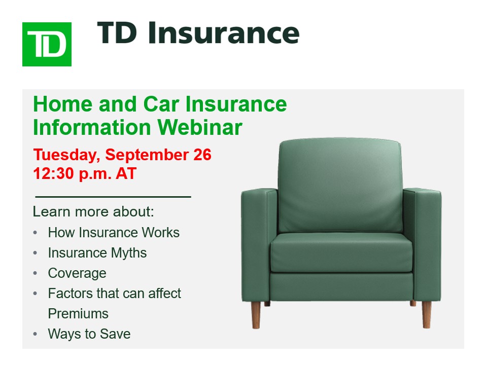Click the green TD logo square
pyautogui.click(x=47, y=44)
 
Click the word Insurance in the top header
pyautogui.click(x=224, y=33)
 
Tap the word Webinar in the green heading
pyautogui.click(x=200, y=127)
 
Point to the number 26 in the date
pyautogui.click(x=202, y=155)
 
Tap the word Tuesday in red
pyautogui.click(x=66, y=155)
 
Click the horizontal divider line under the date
pyautogui.click(x=113, y=197)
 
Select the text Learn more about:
pyautogui.click(x=93, y=212)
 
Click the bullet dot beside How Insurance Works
pyautogui.click(x=35, y=233)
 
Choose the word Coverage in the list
pyautogui.click(x=77, y=273)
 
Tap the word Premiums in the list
pyautogui.click(x=78, y=313)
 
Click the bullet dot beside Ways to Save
pyautogui.click(x=35, y=334)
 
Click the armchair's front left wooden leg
pyautogui.click(x=256, y=315)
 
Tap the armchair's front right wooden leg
pyautogui.click(x=427, y=314)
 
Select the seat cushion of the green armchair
pyautogui.click(x=341, y=253)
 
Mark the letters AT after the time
pyautogui.click(x=126, y=173)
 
